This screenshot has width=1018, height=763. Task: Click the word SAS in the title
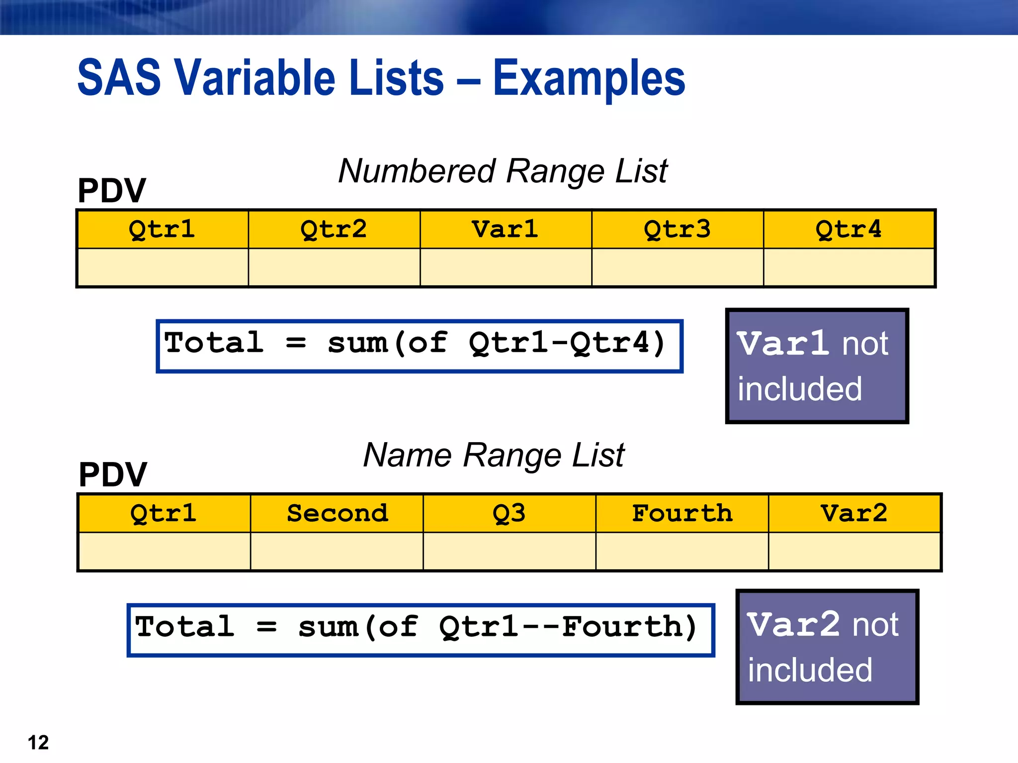(119, 78)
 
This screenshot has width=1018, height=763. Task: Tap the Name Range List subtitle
(494, 456)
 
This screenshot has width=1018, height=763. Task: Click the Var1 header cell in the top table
(506, 229)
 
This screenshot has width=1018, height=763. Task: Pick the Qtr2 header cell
(334, 229)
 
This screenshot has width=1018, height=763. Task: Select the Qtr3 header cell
(677, 229)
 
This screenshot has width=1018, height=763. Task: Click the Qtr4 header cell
(848, 229)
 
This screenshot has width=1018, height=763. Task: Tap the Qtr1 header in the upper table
(162, 229)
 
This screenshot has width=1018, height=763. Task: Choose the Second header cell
(337, 513)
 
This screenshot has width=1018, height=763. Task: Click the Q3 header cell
(509, 513)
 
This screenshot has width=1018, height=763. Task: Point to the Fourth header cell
(682, 513)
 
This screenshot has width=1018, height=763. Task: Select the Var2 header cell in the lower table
(854, 513)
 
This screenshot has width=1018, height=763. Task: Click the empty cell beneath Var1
(506, 267)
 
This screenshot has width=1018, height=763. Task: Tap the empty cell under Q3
(509, 551)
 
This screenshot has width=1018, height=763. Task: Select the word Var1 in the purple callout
(782, 344)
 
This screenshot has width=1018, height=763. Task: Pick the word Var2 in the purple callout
(793, 624)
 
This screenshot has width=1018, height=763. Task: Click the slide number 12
(38, 743)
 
